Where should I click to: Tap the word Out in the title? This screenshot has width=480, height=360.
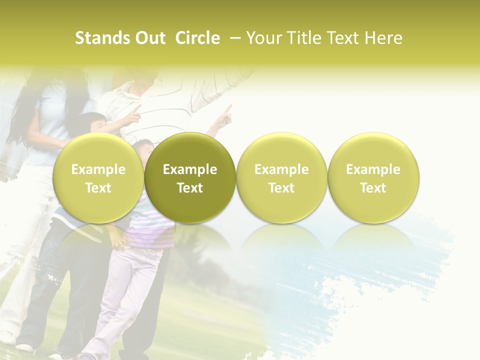[x=149, y=38]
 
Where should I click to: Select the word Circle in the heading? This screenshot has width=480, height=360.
[x=197, y=38]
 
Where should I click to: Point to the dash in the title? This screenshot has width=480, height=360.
[x=235, y=38]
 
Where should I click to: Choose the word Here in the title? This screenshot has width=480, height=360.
[x=383, y=38]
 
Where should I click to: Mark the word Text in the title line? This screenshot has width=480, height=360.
[x=342, y=38]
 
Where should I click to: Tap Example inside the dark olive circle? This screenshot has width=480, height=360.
[x=190, y=169]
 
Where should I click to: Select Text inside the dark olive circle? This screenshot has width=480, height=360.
[x=190, y=188]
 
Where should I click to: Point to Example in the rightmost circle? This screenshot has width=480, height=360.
[x=373, y=169]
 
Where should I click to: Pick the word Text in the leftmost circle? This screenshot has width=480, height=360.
[x=98, y=188]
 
